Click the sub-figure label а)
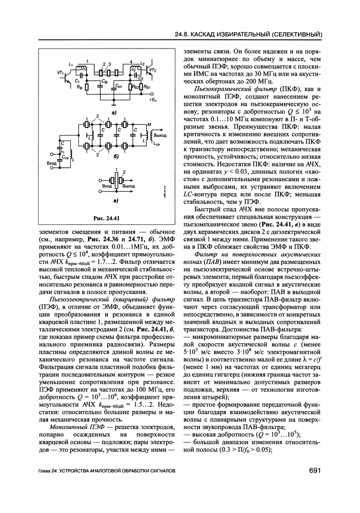(x=113, y=112)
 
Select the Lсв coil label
(x=157, y=144)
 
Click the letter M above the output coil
(x=149, y=124)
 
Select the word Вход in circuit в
(x=107, y=186)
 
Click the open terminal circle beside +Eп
(x=151, y=96)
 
